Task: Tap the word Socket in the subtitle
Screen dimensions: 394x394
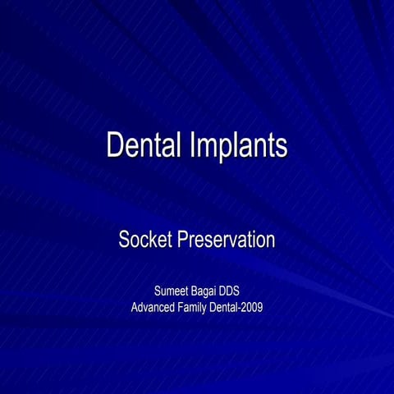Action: (x=146, y=241)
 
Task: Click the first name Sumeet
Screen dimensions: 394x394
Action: (x=174, y=291)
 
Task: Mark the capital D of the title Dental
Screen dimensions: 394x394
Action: (x=116, y=145)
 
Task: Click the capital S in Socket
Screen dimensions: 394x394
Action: (x=125, y=241)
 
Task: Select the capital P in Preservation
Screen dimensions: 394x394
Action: (x=182, y=241)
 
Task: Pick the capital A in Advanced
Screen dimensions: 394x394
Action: (x=135, y=308)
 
